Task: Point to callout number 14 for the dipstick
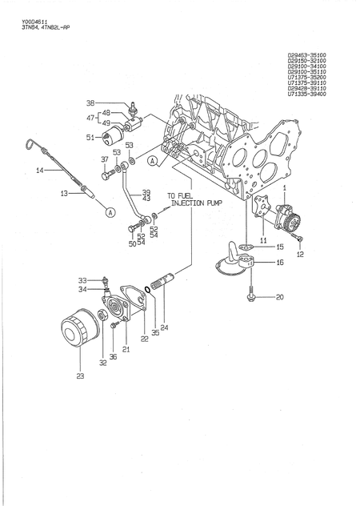tap(38, 171)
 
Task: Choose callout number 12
tap(300, 254)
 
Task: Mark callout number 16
tap(279, 262)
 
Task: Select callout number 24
tap(164, 327)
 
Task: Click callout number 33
tap(82, 279)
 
